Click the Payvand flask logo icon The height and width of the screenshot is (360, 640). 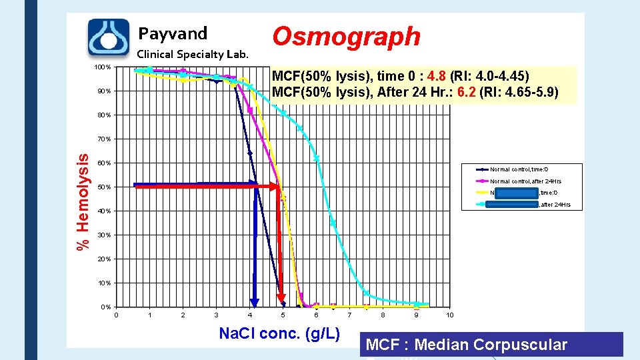pyautogui.click(x=109, y=37)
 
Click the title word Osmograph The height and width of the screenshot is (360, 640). pyautogui.click(x=346, y=36)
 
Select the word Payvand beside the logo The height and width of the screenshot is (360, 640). pyautogui.click(x=173, y=33)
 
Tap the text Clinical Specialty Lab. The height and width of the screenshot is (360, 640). pyautogui.click(x=192, y=55)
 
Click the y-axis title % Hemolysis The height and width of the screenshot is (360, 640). pyautogui.click(x=83, y=202)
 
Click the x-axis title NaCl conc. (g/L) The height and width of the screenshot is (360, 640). pyautogui.click(x=279, y=333)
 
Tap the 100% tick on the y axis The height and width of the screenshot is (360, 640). pyautogui.click(x=103, y=67)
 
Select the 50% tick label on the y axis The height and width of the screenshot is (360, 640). pyautogui.click(x=105, y=187)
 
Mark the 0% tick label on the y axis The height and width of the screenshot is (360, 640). pyautogui.click(x=105, y=307)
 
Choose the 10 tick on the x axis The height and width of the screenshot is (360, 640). pyautogui.click(x=450, y=315)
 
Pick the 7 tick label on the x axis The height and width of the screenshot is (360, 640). pyautogui.click(x=349, y=315)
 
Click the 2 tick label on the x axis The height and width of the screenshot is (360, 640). pyautogui.click(x=183, y=315)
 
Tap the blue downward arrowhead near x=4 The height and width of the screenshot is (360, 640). pyautogui.click(x=254, y=299)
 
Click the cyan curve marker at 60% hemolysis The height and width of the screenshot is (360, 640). pyautogui.click(x=317, y=159)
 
